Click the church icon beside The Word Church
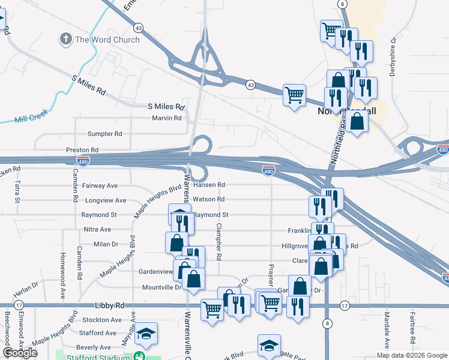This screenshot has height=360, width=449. pos(65,40)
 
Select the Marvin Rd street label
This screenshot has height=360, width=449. pos(166,118)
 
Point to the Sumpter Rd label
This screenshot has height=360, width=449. pos(104,134)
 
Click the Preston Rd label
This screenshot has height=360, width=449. pos(82,149)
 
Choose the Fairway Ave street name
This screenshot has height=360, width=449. pos(100,186)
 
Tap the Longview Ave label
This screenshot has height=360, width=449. pos(106,200)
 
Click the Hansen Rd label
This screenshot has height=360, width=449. pos(209,185)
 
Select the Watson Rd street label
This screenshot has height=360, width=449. pos(209,199)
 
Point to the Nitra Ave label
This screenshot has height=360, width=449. pos(97,229)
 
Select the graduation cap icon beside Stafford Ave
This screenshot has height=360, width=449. pos(146,333)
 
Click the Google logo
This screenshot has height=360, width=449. pos(20,353)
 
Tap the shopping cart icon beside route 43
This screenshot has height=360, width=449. pos(294,95)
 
